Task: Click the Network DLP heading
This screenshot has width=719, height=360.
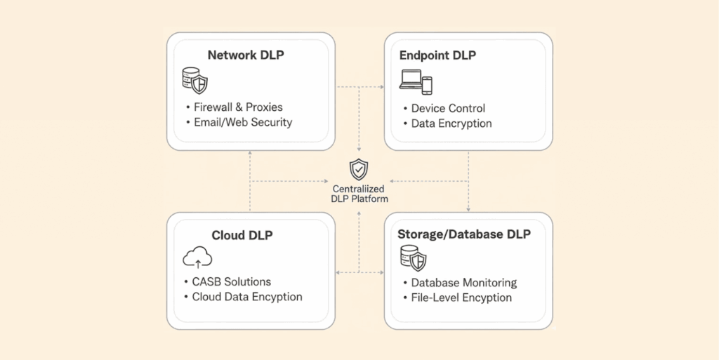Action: (246, 55)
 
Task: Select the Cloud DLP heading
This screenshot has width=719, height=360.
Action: (242, 236)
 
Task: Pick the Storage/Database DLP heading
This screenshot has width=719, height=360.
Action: (464, 234)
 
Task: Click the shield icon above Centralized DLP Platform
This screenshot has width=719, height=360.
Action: (359, 169)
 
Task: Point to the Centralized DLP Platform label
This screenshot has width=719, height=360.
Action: (359, 194)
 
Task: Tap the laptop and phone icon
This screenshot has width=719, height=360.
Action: (416, 82)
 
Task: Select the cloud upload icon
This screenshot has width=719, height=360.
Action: (197, 259)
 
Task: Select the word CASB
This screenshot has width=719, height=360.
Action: (207, 282)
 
